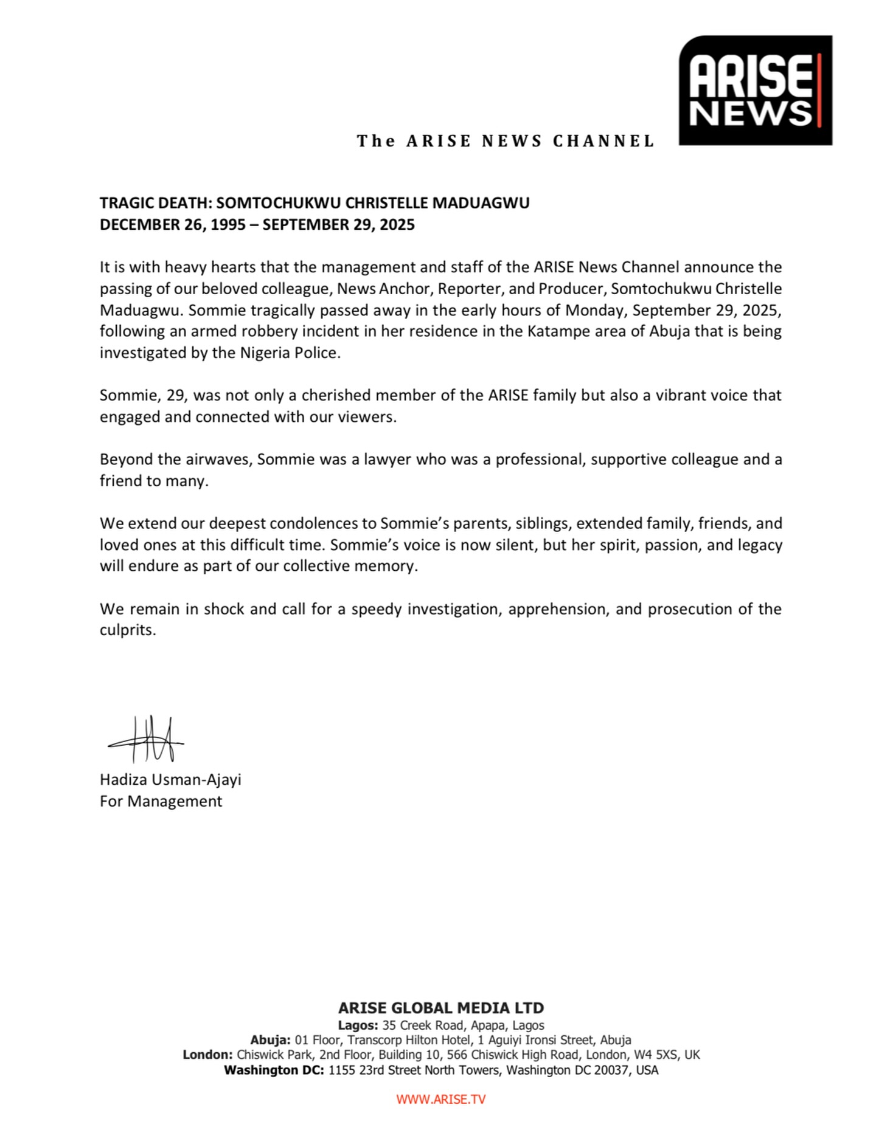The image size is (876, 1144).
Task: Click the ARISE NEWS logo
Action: coord(755,90)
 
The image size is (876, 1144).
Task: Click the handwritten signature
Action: coord(147,739)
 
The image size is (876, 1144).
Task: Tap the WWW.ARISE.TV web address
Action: coord(440,1098)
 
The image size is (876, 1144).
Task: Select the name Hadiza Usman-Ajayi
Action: coord(170,779)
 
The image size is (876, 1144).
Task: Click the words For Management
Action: coord(161,801)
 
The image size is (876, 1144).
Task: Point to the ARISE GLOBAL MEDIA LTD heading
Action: coord(440,1008)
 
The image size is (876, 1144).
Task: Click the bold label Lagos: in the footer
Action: coord(358,1025)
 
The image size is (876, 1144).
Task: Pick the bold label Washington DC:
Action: coord(274,1070)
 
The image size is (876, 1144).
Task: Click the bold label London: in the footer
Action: coord(207,1055)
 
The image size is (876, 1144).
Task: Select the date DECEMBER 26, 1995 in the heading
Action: coord(173,225)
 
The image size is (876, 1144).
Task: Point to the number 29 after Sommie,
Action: coord(183,396)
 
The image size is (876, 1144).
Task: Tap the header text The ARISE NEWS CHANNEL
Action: coord(505,141)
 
